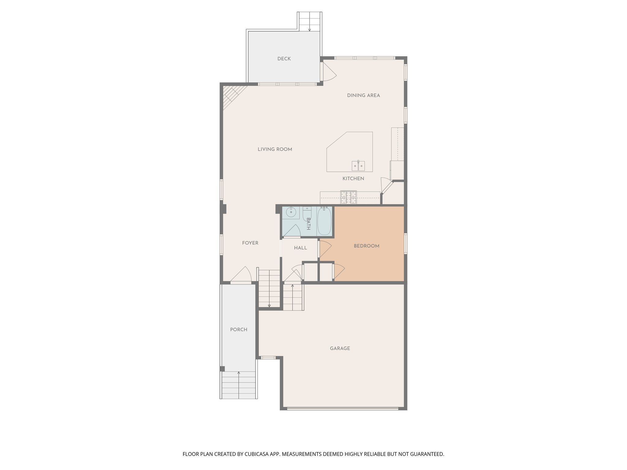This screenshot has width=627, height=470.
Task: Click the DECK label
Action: (x=284, y=59)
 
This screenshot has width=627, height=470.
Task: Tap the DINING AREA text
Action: (x=363, y=95)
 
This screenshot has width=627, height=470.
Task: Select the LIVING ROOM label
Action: (x=275, y=149)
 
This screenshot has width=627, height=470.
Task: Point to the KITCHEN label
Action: (x=353, y=178)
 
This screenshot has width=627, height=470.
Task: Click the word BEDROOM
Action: (x=366, y=246)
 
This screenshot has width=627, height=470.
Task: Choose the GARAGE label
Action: (x=340, y=348)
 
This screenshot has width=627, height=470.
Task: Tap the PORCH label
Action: (x=238, y=330)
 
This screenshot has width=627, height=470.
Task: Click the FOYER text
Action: (x=250, y=243)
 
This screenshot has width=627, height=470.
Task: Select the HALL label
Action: (x=300, y=248)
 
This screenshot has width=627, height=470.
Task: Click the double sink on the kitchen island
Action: (x=358, y=166)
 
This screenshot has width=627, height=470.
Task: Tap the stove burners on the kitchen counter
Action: (x=349, y=197)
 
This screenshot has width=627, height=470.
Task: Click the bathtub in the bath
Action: (x=324, y=221)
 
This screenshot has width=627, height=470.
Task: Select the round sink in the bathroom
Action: (x=290, y=211)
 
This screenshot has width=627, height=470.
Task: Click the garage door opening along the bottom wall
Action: (x=343, y=408)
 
